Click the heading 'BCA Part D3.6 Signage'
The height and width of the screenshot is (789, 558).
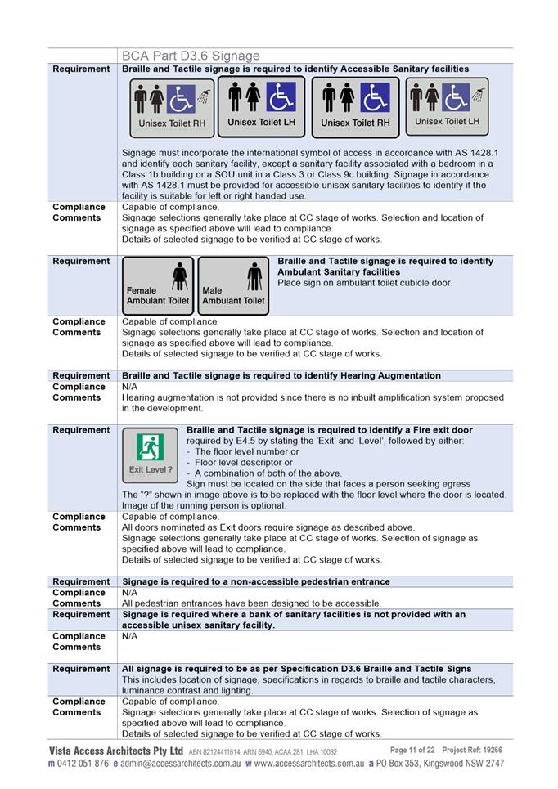pos(191,56)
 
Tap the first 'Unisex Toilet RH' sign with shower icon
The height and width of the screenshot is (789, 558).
pos(171,108)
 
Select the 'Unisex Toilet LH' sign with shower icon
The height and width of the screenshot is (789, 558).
pos(447,106)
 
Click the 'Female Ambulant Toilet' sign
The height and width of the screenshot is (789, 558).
pos(158,285)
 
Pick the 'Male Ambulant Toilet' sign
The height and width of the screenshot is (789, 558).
pos(233,285)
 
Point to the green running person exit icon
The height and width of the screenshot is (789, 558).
pos(151,446)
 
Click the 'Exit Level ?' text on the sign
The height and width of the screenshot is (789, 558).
pos(151,470)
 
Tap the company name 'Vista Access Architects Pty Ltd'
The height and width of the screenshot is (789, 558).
pos(115,751)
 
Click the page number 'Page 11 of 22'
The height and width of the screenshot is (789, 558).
pos(412,750)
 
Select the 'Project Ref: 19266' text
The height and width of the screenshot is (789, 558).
pos(472,750)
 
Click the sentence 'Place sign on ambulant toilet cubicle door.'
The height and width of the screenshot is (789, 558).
pos(365,283)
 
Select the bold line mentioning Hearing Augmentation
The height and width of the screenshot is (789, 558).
pos(281,376)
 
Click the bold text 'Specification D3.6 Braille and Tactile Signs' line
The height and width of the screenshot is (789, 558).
pos(296,669)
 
